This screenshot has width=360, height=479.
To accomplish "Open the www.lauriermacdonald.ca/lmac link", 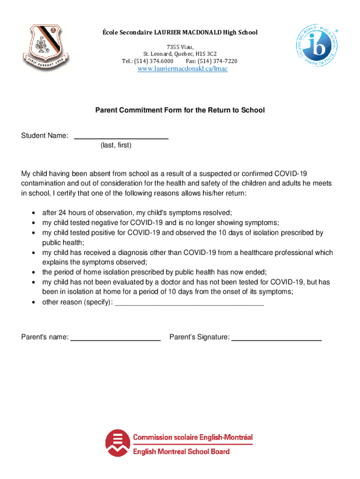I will click(x=182, y=69).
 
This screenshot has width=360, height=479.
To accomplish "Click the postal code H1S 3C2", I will click(x=207, y=53).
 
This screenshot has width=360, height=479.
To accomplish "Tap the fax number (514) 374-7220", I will click(x=218, y=61).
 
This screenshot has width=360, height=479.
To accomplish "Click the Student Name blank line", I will click(x=122, y=136).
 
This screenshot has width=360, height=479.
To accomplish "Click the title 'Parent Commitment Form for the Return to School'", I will click(x=180, y=110).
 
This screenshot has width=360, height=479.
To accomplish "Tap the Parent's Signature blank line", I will click(x=276, y=337).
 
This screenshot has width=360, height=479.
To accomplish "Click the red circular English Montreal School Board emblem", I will click(x=117, y=443).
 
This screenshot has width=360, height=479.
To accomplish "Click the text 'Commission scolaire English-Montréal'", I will click(x=193, y=437).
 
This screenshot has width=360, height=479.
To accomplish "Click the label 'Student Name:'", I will click(x=45, y=136).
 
